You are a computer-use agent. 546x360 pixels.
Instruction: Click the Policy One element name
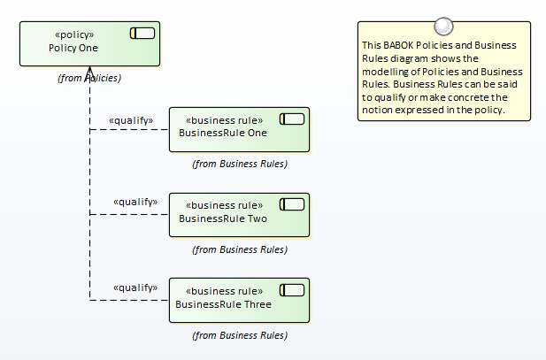tap(73, 48)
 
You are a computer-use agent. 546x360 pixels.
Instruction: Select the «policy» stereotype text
tap(74, 34)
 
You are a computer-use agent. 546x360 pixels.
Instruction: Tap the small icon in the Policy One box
tap(142, 34)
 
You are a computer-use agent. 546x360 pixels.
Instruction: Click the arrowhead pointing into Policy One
tap(90, 72)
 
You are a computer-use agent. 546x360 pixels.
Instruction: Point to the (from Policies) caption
tap(89, 78)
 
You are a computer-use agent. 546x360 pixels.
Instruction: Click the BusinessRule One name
tap(223, 133)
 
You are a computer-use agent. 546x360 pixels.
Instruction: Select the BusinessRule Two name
tap(223, 218)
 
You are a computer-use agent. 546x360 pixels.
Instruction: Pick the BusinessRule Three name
tap(223, 304)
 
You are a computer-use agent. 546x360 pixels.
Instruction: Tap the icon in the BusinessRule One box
tap(292, 119)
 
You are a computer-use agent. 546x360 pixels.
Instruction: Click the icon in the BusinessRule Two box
tap(292, 204)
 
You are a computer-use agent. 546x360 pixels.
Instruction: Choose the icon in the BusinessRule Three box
tap(292, 290)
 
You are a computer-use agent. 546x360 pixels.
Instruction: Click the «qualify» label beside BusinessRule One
tap(131, 120)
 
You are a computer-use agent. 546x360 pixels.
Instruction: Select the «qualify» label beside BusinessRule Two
tap(135, 202)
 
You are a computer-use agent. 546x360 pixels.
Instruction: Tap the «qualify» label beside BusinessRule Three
tap(135, 287)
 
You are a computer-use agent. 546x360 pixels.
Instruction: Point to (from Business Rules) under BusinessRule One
tap(240, 164)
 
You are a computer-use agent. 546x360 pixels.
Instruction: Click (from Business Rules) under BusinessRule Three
tap(240, 335)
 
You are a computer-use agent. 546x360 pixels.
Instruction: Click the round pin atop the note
tap(443, 27)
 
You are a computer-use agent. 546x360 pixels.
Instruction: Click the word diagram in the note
tap(396, 58)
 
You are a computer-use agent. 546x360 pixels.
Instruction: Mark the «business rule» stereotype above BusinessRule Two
tap(224, 205)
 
